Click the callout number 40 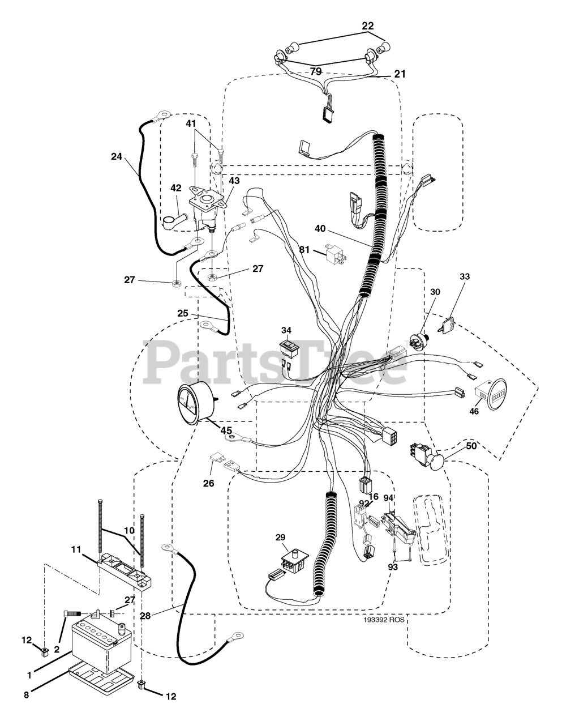click(x=320, y=228)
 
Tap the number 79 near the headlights click(x=315, y=71)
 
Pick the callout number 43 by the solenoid click(x=234, y=180)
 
